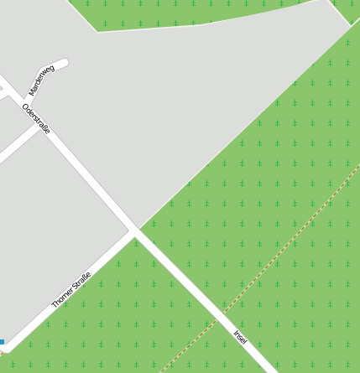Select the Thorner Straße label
(x=70, y=290)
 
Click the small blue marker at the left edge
(x=2, y=342)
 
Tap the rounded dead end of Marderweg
(x=62, y=63)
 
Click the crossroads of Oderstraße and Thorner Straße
(x=135, y=231)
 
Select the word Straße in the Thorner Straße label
(x=79, y=282)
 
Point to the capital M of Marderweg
(x=31, y=91)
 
